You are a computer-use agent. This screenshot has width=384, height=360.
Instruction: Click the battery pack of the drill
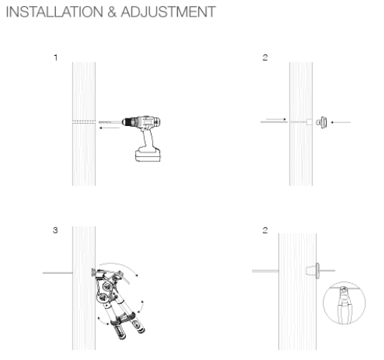click(152, 155)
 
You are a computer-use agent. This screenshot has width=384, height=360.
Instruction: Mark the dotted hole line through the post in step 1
click(83, 122)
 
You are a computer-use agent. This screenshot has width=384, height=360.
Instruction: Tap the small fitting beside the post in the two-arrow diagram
click(321, 121)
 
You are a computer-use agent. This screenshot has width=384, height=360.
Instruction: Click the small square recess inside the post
click(309, 121)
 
